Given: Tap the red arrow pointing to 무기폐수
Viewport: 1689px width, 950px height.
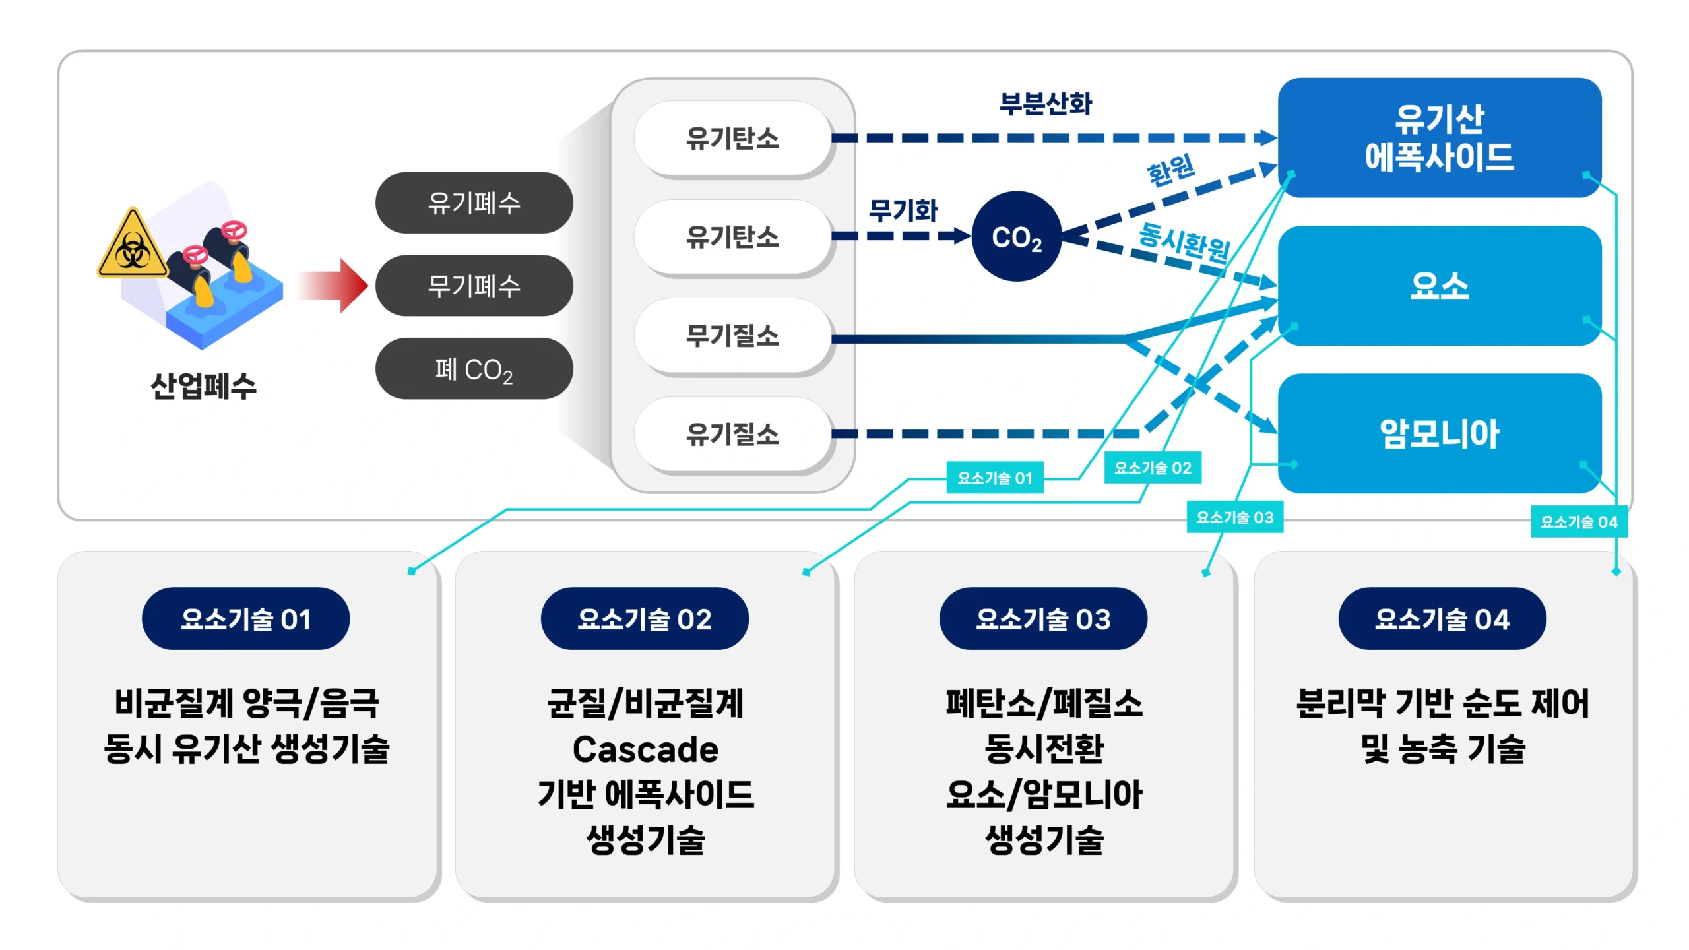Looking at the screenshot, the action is [332, 286].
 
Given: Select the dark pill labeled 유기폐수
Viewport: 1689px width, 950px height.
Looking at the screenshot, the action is [474, 203].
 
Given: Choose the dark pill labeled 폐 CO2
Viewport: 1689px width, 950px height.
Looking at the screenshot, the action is [474, 369].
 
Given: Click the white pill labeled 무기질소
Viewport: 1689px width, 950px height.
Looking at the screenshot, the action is [732, 336].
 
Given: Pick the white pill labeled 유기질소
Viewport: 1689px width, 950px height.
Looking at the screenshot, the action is [732, 434].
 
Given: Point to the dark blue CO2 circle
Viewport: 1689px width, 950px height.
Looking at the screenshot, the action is [1017, 236].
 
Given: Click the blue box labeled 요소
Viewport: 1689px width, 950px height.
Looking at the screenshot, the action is [1440, 286].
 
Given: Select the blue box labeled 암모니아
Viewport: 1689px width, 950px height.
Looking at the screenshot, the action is [1440, 433].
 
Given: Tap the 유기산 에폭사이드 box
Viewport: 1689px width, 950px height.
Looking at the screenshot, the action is [1440, 137].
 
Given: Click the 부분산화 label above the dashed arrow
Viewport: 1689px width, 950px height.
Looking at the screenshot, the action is [1046, 104].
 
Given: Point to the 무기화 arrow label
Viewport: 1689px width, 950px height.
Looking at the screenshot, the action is [903, 210].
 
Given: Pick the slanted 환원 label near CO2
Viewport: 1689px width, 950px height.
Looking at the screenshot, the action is [1171, 170].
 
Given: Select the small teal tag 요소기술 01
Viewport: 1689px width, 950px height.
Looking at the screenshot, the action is [995, 478].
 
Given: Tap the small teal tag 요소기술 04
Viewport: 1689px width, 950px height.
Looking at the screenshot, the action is [1579, 522].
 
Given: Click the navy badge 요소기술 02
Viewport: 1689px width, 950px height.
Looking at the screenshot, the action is [645, 619].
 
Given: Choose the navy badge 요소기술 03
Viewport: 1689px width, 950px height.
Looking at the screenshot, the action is [1043, 619].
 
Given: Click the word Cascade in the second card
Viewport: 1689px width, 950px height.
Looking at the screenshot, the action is [645, 749].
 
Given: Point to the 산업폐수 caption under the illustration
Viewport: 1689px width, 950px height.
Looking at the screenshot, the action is [203, 386].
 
